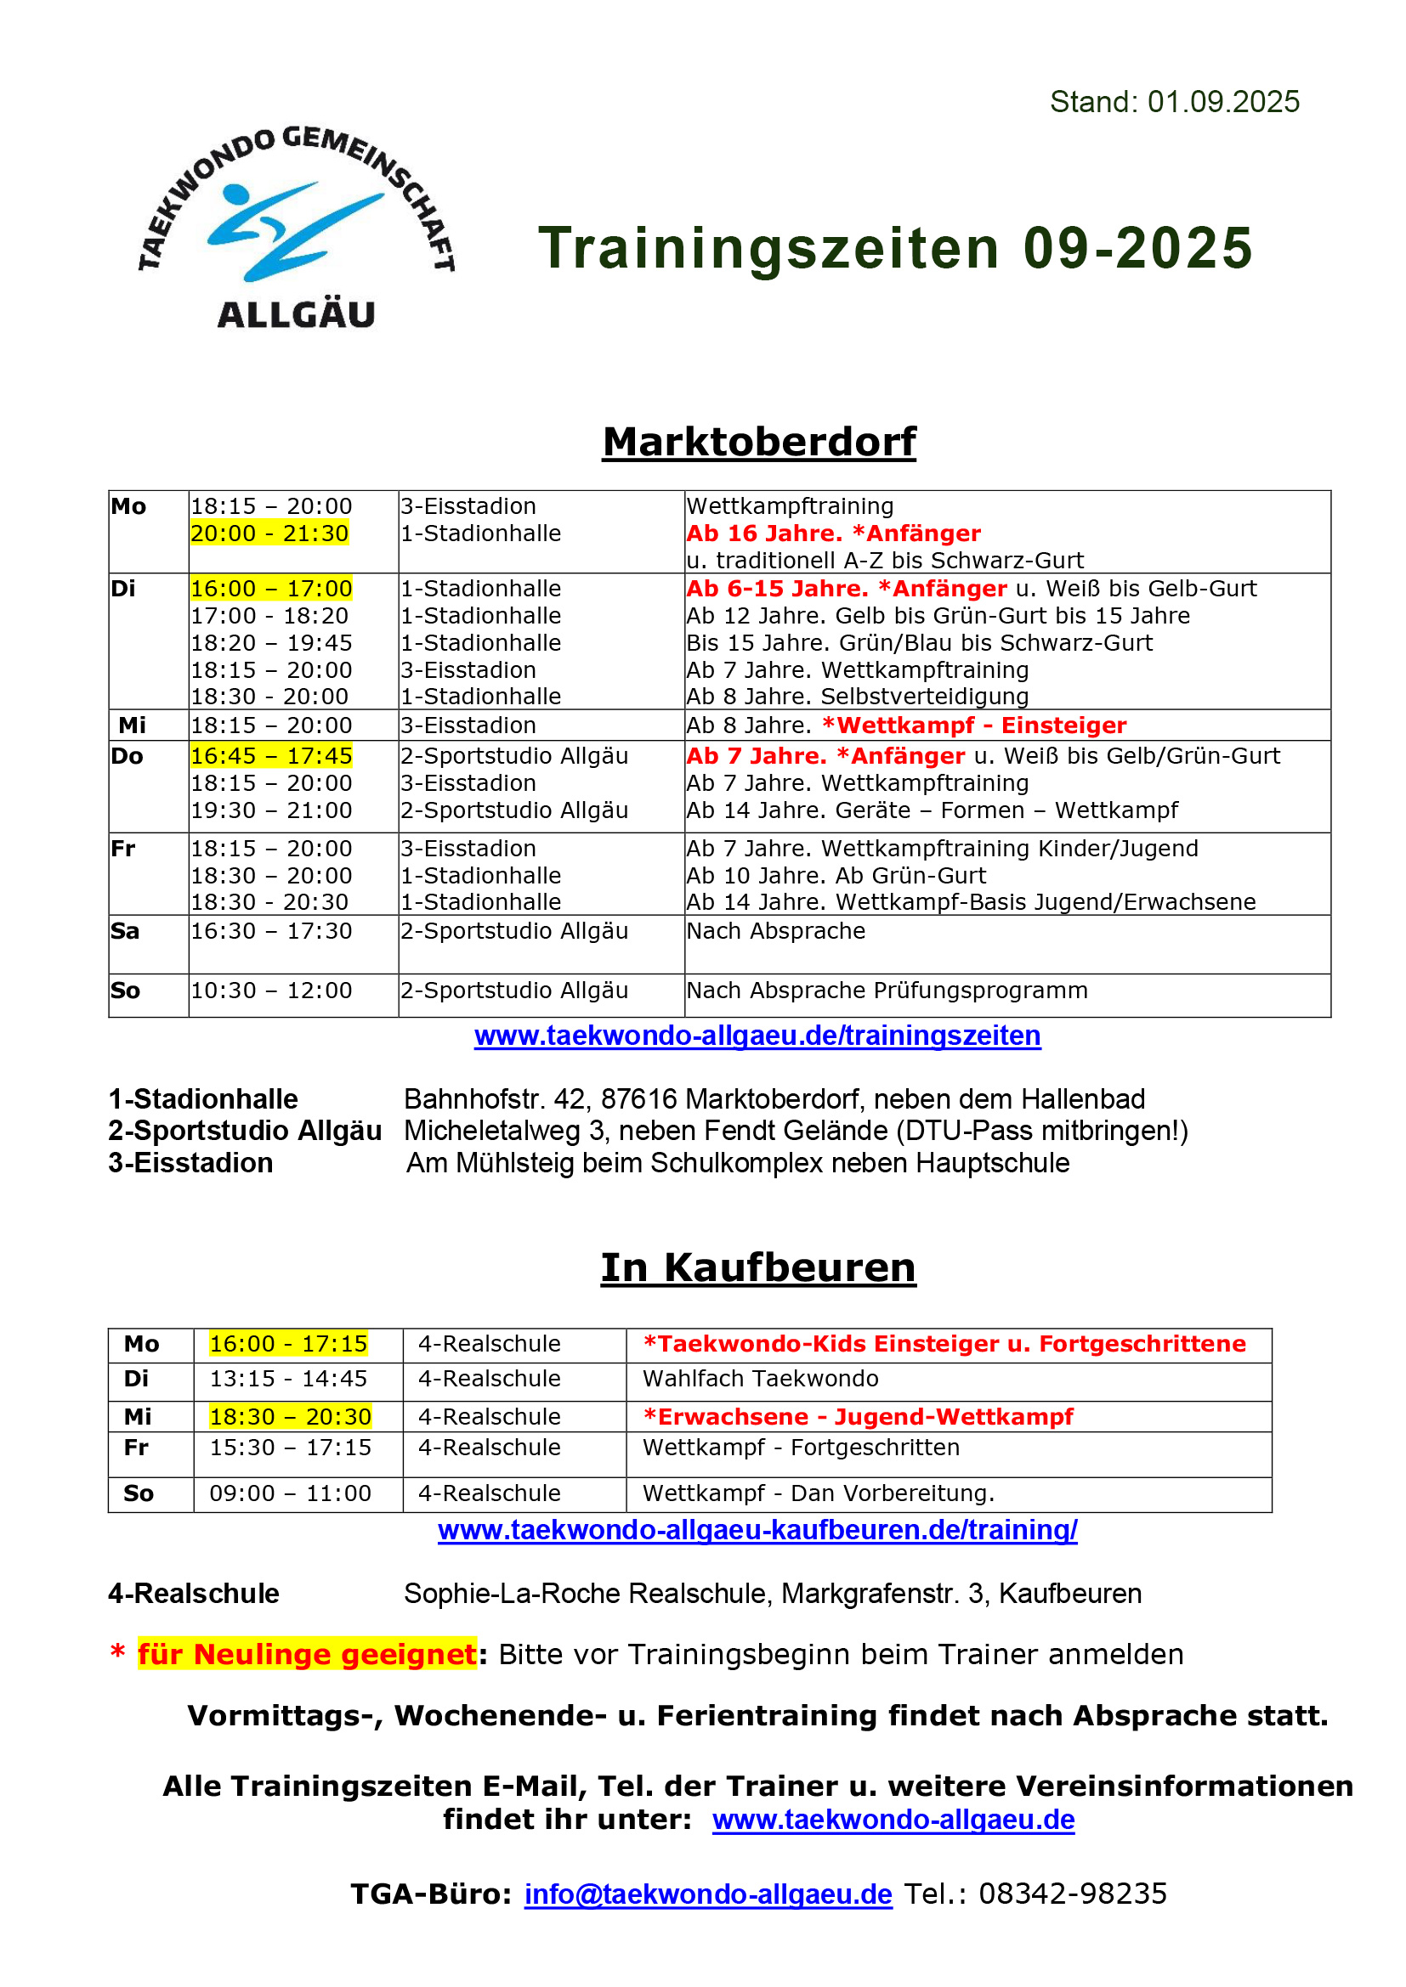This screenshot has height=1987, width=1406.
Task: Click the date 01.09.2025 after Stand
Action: (x=1222, y=102)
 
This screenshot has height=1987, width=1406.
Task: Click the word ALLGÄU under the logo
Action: (x=296, y=314)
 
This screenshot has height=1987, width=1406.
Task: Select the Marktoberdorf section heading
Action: (x=758, y=443)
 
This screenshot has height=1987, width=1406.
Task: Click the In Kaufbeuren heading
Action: (x=757, y=1267)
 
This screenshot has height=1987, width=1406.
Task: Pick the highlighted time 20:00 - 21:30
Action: (x=269, y=534)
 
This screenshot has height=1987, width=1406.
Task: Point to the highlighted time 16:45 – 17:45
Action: (x=271, y=756)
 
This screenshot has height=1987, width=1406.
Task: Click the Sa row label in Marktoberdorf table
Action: (x=125, y=931)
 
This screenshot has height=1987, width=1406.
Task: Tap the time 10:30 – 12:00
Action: (x=271, y=991)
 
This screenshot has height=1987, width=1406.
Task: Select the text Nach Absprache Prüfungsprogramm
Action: (x=887, y=991)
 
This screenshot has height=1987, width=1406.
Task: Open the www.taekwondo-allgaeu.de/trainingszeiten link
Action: (x=757, y=1036)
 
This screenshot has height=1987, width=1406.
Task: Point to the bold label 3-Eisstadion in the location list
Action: (x=190, y=1163)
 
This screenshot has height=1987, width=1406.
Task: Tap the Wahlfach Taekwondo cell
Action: (x=760, y=1379)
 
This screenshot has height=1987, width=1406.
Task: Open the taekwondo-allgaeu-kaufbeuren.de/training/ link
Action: (x=757, y=1530)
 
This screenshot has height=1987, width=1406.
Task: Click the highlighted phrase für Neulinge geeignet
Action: (x=307, y=1655)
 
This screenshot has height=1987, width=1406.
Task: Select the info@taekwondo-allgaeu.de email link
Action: (x=707, y=1894)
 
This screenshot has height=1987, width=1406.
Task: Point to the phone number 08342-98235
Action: (x=1072, y=1894)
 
